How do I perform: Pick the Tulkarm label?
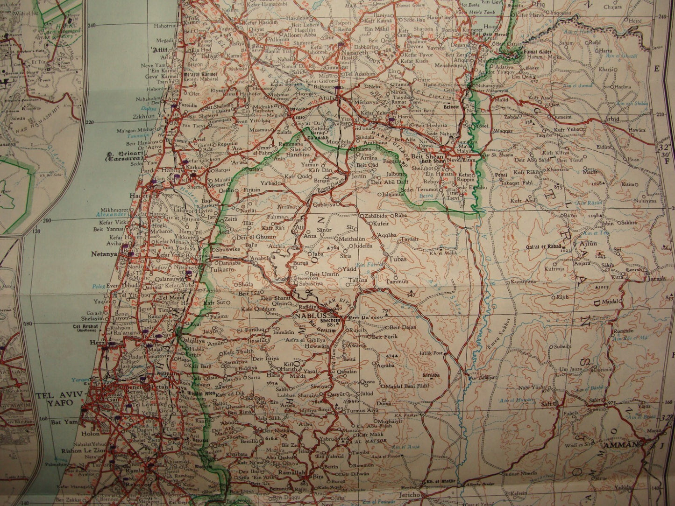(x=224, y=269)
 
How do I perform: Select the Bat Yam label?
(x=64, y=422)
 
